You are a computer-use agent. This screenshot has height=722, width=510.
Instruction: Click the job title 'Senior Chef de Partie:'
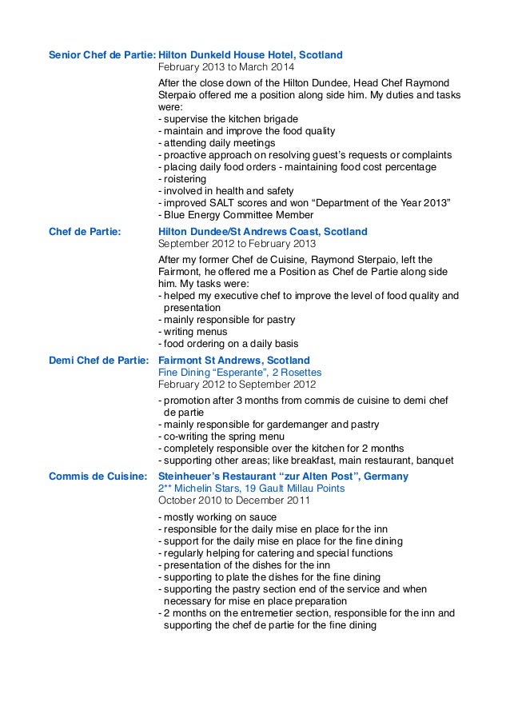tap(102, 55)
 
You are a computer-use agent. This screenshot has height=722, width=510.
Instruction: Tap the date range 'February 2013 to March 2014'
tap(226, 68)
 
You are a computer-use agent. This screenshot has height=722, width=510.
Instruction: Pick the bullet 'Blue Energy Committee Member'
tap(237, 215)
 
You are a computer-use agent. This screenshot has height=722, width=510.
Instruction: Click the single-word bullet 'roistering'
tap(184, 179)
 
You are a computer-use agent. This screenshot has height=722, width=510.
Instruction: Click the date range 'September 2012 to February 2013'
tap(237, 244)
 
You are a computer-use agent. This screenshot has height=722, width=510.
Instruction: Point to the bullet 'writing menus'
tap(194, 331)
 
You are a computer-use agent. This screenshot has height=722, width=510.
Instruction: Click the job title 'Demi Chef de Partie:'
tap(99, 361)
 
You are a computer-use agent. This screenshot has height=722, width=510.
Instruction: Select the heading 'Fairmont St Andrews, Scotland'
tap(234, 361)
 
